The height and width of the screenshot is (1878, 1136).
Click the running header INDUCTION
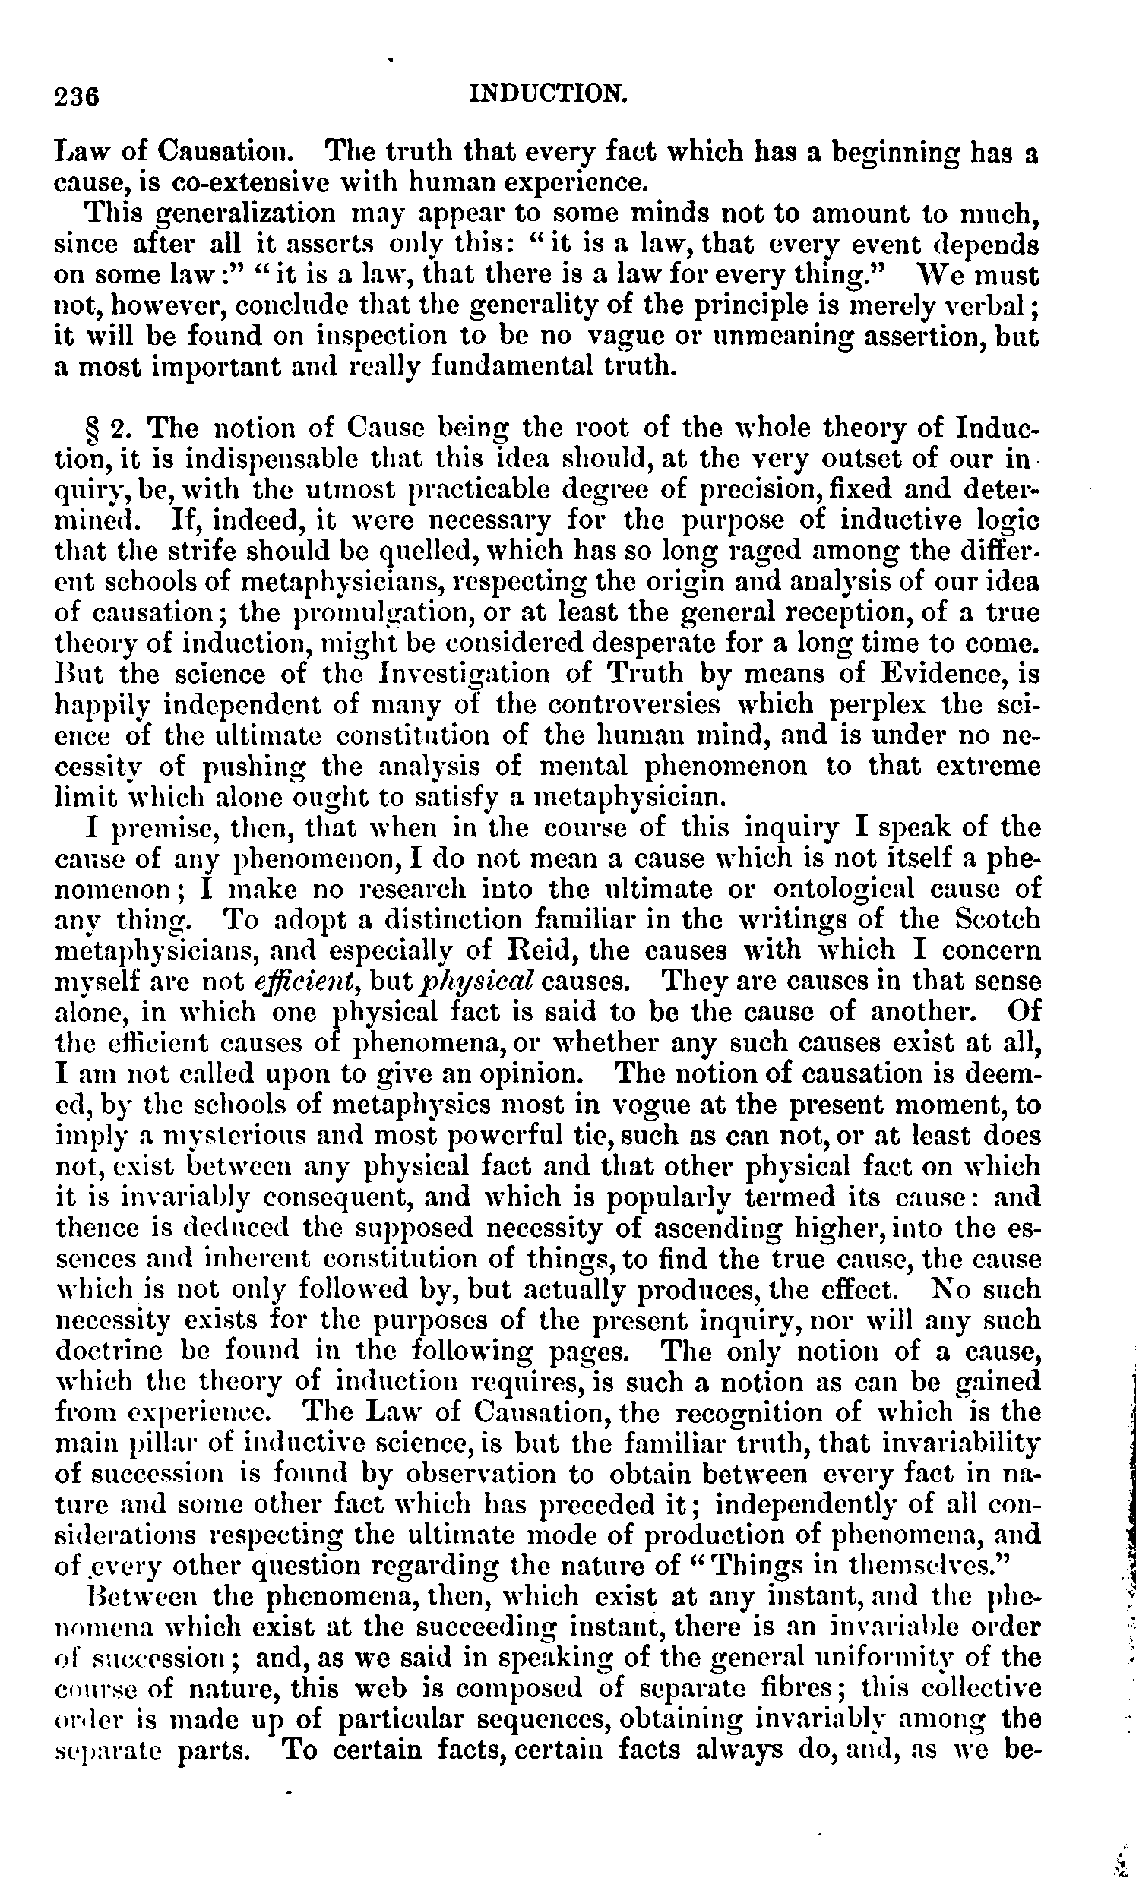[x=548, y=93]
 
